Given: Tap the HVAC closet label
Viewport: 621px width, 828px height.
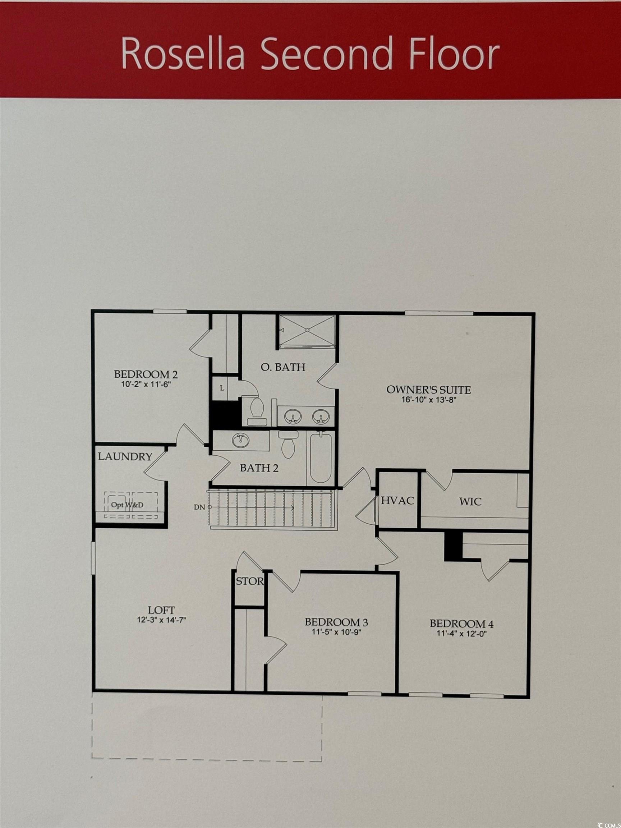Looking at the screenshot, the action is (397, 501).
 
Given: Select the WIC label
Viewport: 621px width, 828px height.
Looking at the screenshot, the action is (470, 502).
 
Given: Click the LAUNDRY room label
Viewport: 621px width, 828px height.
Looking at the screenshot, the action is (125, 457).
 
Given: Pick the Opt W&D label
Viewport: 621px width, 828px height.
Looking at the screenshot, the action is (127, 505).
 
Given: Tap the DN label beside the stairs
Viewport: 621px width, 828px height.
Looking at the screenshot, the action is (199, 507).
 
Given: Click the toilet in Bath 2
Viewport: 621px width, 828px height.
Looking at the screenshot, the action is (288, 444).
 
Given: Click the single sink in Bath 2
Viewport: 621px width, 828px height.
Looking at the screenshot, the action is (240, 440).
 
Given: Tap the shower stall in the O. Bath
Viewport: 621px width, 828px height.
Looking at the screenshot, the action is (307, 331).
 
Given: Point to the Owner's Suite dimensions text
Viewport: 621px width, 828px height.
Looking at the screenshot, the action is (429, 399).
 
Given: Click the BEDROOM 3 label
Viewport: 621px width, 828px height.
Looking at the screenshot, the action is (336, 622).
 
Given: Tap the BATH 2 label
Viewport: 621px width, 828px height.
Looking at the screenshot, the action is (259, 468).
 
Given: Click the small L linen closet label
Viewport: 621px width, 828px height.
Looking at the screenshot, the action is (222, 388).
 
